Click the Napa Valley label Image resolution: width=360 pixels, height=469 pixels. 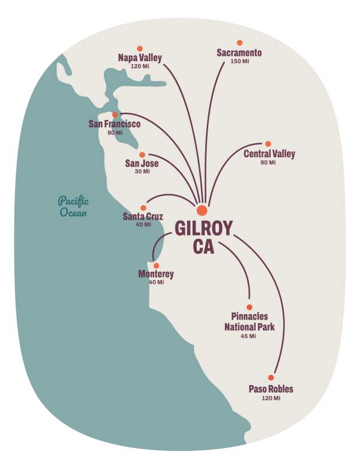(x=140, y=58)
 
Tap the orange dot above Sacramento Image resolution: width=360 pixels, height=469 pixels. (x=239, y=43)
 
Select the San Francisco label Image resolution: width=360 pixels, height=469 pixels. (x=114, y=124)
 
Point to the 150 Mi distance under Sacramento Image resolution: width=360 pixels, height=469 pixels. (x=239, y=62)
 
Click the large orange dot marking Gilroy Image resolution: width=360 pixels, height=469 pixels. (x=202, y=210)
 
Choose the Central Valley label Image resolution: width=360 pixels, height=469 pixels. (x=269, y=154)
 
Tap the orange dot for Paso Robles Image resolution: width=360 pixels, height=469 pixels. (x=271, y=378)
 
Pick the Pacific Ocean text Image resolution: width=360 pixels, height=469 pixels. (x=73, y=206)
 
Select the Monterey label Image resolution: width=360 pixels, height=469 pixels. (x=156, y=274)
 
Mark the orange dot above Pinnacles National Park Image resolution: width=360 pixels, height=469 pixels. (x=250, y=307)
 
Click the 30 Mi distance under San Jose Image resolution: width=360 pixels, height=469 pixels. (x=142, y=172)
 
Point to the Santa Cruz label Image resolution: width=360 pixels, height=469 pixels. (x=143, y=217)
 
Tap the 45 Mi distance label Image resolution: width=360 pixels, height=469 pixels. (x=248, y=336)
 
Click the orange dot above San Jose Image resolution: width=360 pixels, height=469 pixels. (x=142, y=155)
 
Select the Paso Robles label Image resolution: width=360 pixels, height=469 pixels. (x=271, y=389)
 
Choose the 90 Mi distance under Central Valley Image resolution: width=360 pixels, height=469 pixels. (x=268, y=163)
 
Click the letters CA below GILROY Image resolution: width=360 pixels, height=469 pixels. (x=204, y=246)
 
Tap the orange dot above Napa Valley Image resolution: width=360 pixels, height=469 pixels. (x=140, y=48)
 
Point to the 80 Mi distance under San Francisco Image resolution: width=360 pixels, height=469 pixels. (x=115, y=133)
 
